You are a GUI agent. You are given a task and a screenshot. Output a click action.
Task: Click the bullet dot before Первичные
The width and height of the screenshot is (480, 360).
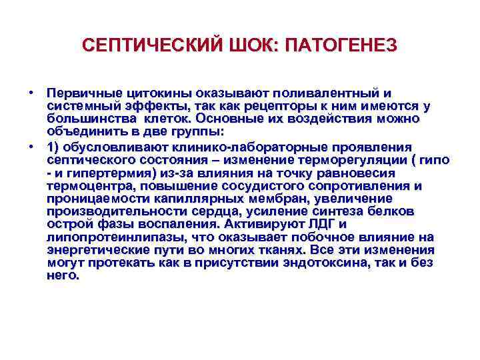[x=31, y=91]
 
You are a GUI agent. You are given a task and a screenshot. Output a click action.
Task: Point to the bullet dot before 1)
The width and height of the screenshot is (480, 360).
[x=31, y=147]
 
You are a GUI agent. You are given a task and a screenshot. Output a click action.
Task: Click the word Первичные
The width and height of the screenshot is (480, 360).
[x=81, y=93]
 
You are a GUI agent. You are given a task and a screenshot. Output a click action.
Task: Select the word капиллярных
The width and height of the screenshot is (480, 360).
[x=186, y=199]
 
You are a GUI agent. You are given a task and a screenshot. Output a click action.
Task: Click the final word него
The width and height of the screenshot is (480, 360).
[x=63, y=275]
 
